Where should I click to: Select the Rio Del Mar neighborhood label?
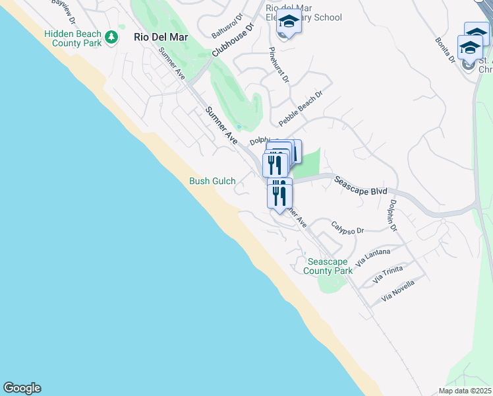pos(161,38)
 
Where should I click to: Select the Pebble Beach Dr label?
pos(301,109)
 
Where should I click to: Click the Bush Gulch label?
pos(212,181)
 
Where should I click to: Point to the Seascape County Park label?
pos(328,266)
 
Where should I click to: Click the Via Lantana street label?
pos(373,257)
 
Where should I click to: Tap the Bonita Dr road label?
pos(445,49)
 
